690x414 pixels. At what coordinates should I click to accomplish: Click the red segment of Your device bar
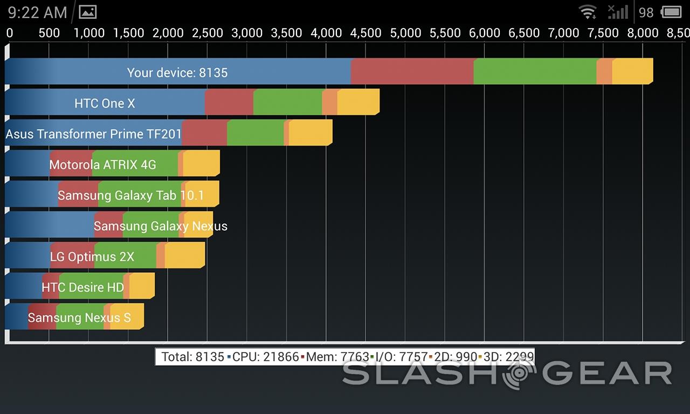pos(412,72)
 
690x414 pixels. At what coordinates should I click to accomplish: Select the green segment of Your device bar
pos(535,72)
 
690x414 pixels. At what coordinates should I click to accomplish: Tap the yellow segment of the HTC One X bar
pos(358,102)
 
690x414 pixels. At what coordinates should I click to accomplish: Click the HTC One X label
pos(105,103)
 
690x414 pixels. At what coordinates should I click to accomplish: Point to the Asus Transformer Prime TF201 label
pos(93,134)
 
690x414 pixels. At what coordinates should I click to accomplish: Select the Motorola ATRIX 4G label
pos(102,164)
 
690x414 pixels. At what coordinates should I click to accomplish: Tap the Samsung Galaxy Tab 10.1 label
pos(130,195)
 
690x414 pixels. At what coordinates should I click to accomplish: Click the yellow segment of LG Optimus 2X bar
pos(184,256)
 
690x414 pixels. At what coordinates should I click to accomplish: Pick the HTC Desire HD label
pos(82,287)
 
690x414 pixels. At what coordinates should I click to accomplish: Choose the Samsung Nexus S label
pos(79,318)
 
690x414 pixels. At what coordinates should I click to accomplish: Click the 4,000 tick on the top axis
pos(326,33)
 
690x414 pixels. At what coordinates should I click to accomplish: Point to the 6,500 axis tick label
pos(524,33)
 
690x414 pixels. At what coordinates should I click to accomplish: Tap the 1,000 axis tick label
pos(89,33)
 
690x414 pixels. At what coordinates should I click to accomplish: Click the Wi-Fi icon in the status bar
pos(588,12)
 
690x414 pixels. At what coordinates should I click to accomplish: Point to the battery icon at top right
pos(671,12)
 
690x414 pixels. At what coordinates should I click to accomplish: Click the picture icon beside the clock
pos(87,12)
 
